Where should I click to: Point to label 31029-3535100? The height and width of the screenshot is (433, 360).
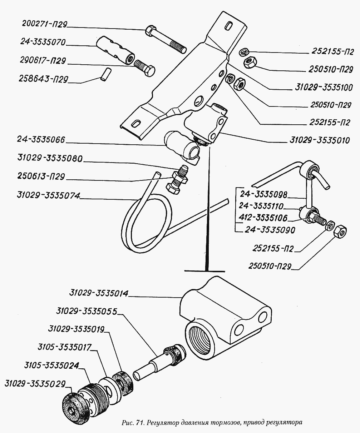pos(325,88)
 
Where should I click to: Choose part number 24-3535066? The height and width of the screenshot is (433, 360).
pos(41,140)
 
